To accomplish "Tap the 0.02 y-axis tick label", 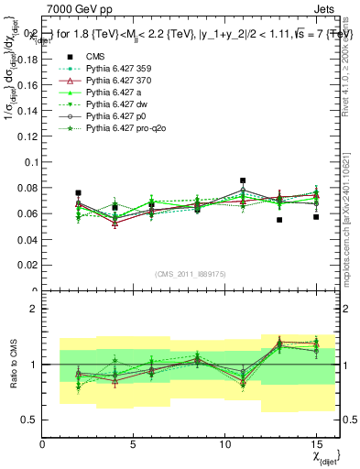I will tap(28, 266).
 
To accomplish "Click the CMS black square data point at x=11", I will tap(243, 180).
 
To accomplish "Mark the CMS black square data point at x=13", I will tap(279, 220).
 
